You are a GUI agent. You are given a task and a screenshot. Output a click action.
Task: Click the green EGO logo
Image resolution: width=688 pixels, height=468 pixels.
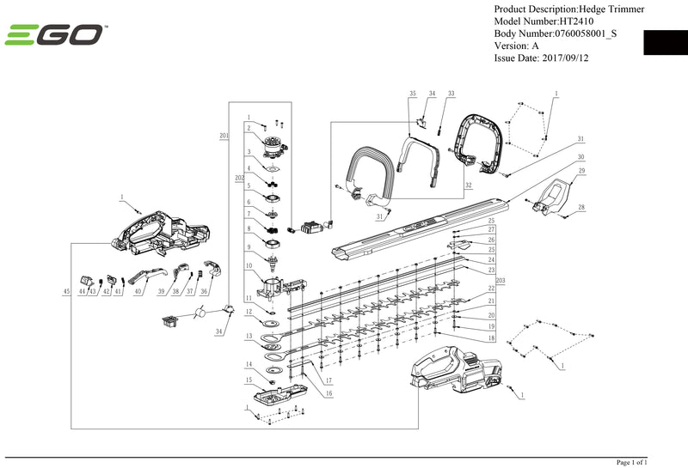tap(55, 36)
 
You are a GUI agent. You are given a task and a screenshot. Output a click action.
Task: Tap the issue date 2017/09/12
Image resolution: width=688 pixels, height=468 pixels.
tap(567, 58)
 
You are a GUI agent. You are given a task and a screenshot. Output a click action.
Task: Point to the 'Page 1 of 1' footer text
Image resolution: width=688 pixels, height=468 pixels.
tap(632, 462)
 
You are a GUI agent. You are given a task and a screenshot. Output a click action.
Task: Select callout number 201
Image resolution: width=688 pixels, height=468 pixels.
tap(224, 136)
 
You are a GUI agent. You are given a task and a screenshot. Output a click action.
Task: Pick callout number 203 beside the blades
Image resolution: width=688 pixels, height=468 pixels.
tap(501, 280)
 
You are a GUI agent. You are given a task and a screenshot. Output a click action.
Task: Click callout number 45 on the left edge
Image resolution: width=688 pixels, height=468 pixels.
tap(66, 292)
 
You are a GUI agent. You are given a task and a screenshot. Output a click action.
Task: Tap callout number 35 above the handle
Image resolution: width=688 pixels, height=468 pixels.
tap(413, 93)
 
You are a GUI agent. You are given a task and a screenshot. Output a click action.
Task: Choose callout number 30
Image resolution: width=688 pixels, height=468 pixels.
tap(581, 157)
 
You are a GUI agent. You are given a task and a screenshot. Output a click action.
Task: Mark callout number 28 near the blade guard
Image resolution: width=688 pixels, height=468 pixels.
tap(581, 208)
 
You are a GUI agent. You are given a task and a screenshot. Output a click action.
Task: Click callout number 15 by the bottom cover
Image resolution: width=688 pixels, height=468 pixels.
tap(248, 380)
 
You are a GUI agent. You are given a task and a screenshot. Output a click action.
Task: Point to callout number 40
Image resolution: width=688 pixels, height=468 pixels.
tap(138, 292)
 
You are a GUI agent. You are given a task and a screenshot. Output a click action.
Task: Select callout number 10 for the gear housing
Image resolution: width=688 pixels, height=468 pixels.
tap(248, 265)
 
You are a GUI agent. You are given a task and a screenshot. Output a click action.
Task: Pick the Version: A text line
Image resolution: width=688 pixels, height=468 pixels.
tap(516, 46)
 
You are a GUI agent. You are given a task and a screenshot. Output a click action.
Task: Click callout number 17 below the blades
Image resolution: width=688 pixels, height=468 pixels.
tap(328, 379)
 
